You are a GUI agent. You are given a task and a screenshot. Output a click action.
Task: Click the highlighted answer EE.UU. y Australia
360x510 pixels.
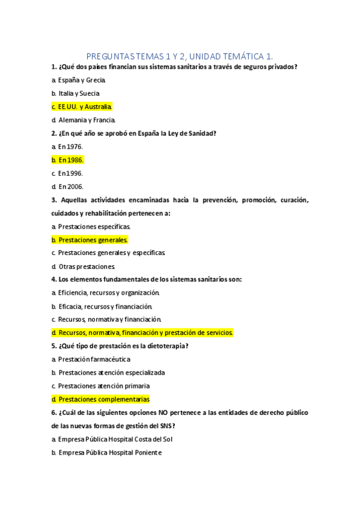84,107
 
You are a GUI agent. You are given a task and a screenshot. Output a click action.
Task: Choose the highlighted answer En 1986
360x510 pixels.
70,160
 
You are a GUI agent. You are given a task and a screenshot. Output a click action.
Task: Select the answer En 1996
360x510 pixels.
70,173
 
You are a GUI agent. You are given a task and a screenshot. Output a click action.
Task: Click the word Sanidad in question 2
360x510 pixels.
200,134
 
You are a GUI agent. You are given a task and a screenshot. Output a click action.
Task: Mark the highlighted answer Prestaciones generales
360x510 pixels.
93,240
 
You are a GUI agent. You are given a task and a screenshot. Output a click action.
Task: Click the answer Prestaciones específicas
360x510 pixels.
94,227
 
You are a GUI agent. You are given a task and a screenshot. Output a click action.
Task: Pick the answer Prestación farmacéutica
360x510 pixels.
94,359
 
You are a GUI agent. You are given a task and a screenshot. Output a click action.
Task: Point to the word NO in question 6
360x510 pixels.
153,413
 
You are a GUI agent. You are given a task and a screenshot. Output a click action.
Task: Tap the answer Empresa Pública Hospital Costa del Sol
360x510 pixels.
116,439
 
